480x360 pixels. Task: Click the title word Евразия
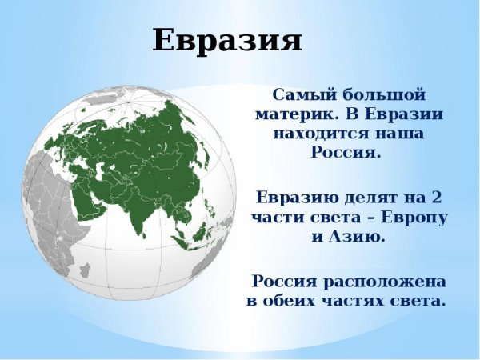[x=227, y=40]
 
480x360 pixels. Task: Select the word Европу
[x=414, y=217]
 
